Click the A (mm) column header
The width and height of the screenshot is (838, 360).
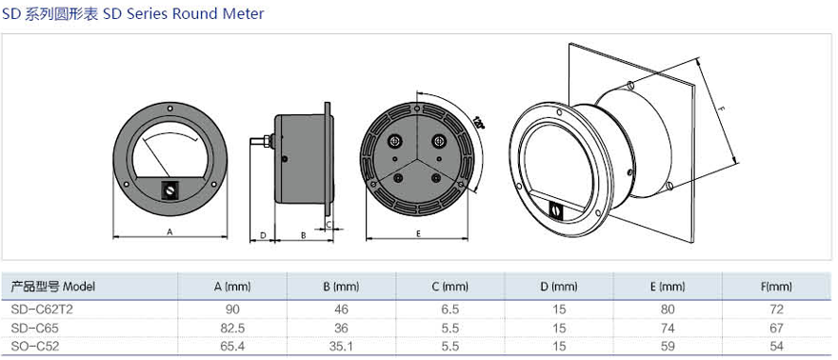pos(232,287)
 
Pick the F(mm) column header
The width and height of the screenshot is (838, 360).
pos(776,287)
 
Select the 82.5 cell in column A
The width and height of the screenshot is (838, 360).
pos(232,328)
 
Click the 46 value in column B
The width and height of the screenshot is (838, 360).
pos(341,310)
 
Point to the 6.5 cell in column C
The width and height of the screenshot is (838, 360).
pos(450,310)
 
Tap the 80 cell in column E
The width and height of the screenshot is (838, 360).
pos(668,310)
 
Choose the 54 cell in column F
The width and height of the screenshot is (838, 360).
pos(776,346)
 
